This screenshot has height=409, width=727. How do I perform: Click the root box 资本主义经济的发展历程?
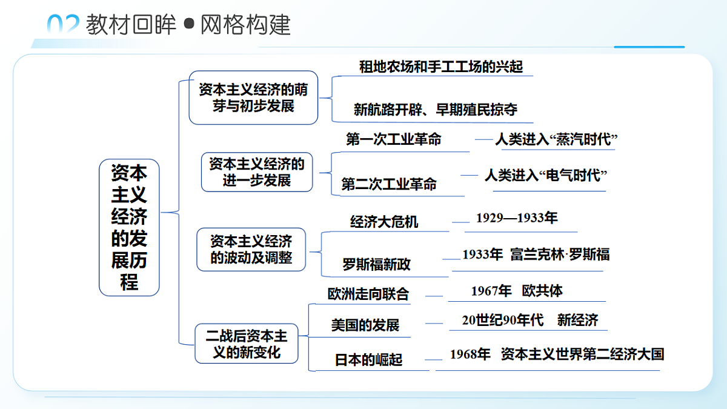(129, 227)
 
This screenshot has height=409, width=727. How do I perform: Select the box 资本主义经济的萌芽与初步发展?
(253, 98)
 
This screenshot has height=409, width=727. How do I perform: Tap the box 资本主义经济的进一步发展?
(257, 172)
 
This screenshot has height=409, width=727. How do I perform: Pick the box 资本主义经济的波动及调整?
(251, 249)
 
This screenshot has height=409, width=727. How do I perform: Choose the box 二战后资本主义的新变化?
(247, 344)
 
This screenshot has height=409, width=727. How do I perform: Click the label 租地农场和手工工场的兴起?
(441, 67)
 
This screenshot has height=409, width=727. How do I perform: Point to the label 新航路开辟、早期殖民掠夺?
(436, 110)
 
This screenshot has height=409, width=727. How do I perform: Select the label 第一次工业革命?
(394, 139)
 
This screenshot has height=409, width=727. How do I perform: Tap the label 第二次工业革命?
(389, 184)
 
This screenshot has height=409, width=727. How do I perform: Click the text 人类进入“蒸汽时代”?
(556, 139)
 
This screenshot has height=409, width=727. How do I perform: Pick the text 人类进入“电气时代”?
(546, 176)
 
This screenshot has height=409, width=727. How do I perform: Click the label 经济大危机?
(384, 222)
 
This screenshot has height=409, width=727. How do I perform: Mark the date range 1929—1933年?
(517, 218)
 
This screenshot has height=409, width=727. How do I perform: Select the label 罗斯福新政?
(376, 264)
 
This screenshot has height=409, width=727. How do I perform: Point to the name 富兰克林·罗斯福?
(560, 254)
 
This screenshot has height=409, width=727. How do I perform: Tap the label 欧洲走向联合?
(368, 294)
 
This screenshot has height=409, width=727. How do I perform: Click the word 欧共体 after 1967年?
(542, 291)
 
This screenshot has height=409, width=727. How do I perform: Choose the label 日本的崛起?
(368, 360)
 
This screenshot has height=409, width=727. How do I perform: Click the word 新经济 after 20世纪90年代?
(578, 320)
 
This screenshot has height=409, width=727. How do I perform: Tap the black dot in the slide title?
(189, 24)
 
